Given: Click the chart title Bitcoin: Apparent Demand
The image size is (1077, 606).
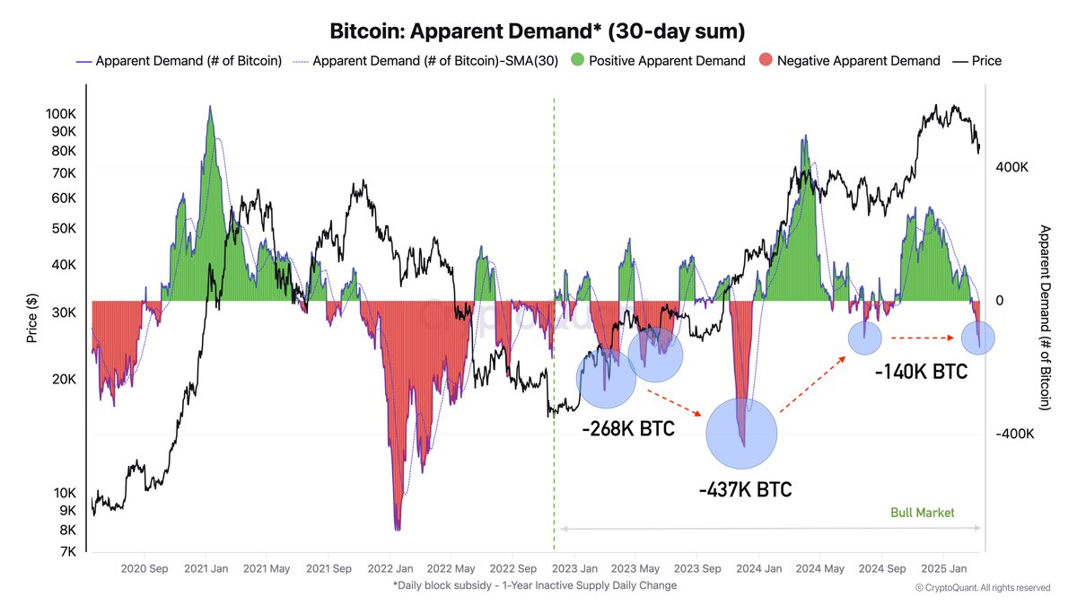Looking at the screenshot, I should point(538,32).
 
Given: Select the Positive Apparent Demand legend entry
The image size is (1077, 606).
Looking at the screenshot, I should point(668,61).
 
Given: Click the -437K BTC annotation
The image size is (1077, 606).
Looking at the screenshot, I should point(745,490).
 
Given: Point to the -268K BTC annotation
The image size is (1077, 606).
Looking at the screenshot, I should point(627,429).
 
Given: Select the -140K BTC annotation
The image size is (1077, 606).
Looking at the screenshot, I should point(921,370).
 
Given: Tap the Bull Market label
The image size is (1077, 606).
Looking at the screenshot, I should point(922,513).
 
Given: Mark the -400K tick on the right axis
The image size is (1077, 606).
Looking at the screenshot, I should point(1013,434).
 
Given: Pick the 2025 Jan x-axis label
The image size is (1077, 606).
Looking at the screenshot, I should point(945,568).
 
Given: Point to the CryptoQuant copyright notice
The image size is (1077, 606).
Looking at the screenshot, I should point(983,587).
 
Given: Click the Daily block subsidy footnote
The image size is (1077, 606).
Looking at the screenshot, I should point(534,585).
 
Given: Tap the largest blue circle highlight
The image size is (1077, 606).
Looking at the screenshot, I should point(741,433).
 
